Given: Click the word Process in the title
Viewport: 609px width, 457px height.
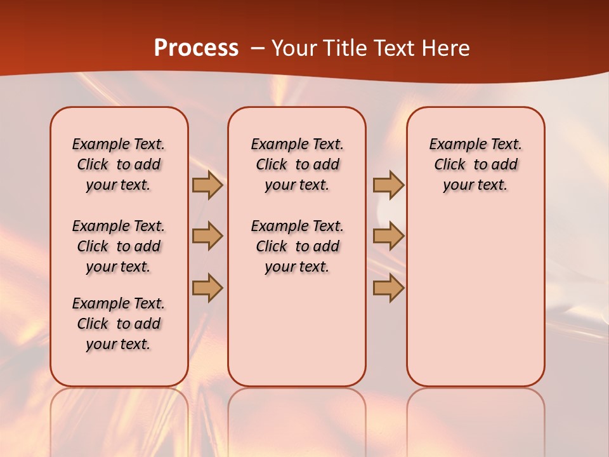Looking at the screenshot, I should click(x=196, y=48).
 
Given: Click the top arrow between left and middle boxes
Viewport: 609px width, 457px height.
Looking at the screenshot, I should click(x=207, y=185).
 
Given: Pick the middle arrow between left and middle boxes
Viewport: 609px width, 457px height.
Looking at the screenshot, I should click(x=207, y=236).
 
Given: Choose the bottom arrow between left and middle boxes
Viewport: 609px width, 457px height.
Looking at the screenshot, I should click(x=207, y=288).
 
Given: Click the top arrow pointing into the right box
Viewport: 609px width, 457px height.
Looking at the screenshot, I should click(x=388, y=185).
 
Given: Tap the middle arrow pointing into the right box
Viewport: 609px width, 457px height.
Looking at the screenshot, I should click(x=388, y=236).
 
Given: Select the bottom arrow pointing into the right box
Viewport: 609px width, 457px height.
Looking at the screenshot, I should click(x=388, y=288).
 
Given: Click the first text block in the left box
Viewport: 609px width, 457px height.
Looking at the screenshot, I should click(x=119, y=164).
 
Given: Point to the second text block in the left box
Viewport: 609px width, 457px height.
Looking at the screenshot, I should click(x=119, y=246).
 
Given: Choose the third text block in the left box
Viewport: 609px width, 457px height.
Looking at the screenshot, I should click(x=119, y=324).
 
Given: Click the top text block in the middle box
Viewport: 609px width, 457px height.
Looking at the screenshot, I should click(x=297, y=164).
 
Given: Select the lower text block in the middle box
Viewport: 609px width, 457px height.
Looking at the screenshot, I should click(x=297, y=246).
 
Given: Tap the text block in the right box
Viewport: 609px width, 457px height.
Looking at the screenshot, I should click(x=475, y=164).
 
